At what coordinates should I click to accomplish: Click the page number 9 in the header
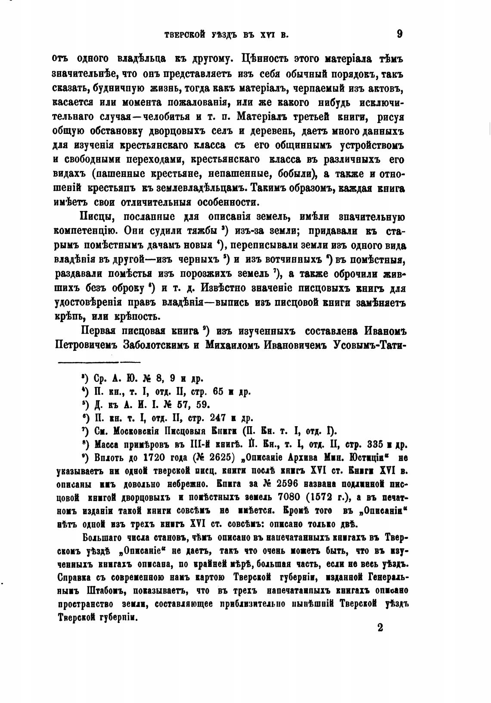[399, 34]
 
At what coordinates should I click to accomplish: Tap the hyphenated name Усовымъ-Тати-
[370, 346]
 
